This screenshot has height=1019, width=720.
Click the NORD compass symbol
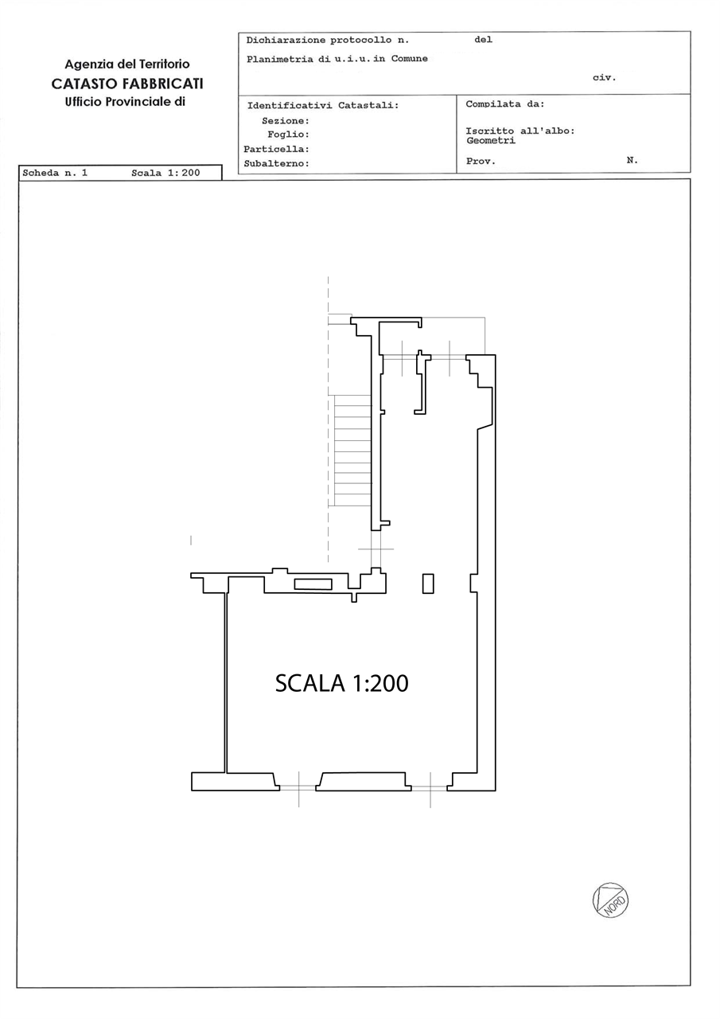pyautogui.click(x=610, y=900)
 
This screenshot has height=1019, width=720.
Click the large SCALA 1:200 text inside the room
pyautogui.click(x=342, y=683)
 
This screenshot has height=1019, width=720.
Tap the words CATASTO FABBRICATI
pyautogui.click(x=127, y=84)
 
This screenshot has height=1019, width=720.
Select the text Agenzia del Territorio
pyautogui.click(x=127, y=64)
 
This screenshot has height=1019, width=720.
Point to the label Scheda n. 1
pyautogui.click(x=55, y=173)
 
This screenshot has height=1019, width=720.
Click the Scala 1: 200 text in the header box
pyautogui.click(x=165, y=173)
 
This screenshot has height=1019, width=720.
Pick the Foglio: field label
pyautogui.click(x=288, y=135)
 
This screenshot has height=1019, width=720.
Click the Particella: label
pyautogui.click(x=276, y=149)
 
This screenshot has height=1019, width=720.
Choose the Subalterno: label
pyautogui.click(x=276, y=164)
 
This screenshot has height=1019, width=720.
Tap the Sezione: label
pyautogui.click(x=286, y=121)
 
